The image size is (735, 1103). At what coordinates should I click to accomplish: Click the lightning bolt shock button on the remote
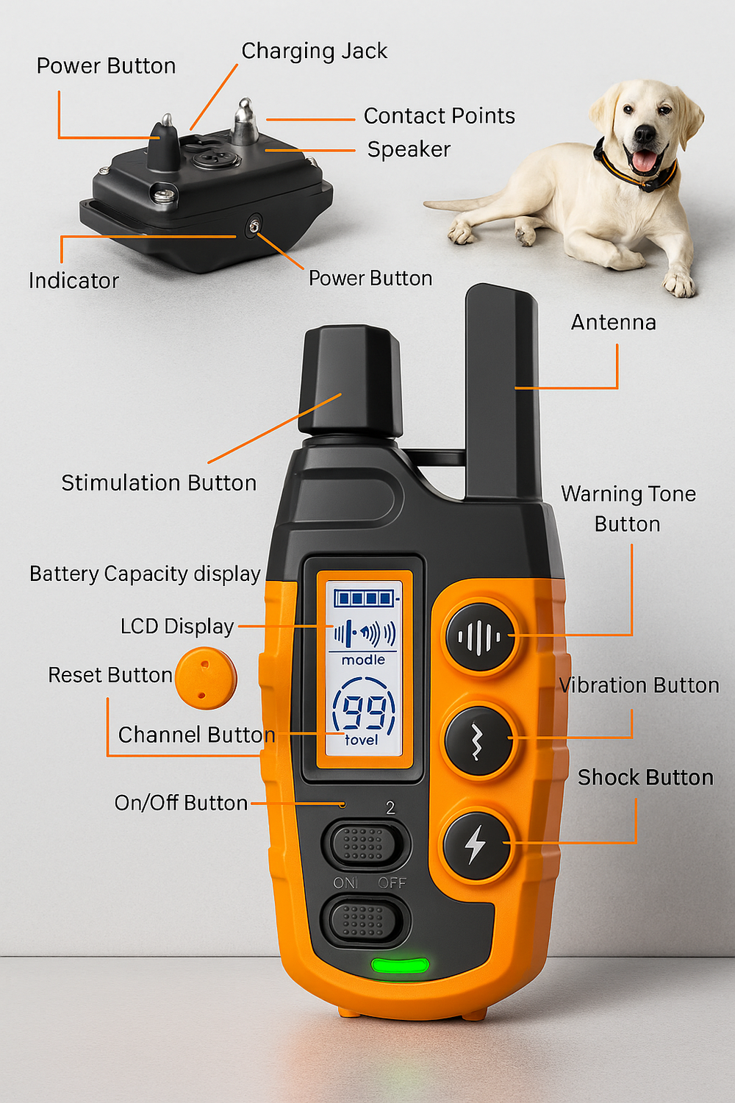(477, 844)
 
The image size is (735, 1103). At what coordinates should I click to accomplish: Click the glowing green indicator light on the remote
(400, 965)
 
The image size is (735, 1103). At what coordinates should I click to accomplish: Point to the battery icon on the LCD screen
(365, 599)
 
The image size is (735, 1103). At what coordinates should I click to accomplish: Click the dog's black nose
(645, 135)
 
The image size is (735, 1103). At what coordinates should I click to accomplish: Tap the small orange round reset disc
(206, 678)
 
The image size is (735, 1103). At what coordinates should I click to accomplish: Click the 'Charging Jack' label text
(314, 51)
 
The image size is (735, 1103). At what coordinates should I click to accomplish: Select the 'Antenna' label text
(613, 322)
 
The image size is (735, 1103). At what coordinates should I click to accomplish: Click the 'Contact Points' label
(439, 115)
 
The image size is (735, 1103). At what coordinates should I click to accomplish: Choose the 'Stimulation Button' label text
(159, 482)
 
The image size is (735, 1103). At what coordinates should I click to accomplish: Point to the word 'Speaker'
(409, 149)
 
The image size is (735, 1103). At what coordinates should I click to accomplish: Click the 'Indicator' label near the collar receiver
(73, 280)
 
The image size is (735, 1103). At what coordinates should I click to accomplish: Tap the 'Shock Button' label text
(645, 777)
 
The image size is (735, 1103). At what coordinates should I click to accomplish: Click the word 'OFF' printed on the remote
(392, 882)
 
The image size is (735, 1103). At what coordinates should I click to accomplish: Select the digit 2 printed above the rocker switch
(390, 807)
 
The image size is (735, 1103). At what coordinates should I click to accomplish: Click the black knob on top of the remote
(351, 381)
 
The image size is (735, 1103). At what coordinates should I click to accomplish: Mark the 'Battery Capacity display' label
(145, 574)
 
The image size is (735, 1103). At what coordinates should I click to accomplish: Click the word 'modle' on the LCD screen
(363, 660)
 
